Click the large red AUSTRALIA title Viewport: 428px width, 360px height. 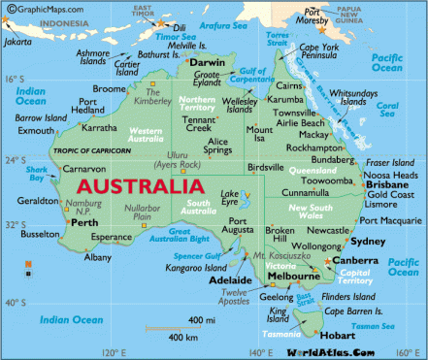click(x=135, y=185)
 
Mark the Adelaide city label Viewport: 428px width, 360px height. click(x=231, y=280)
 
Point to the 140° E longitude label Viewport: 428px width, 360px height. click(x=260, y=352)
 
